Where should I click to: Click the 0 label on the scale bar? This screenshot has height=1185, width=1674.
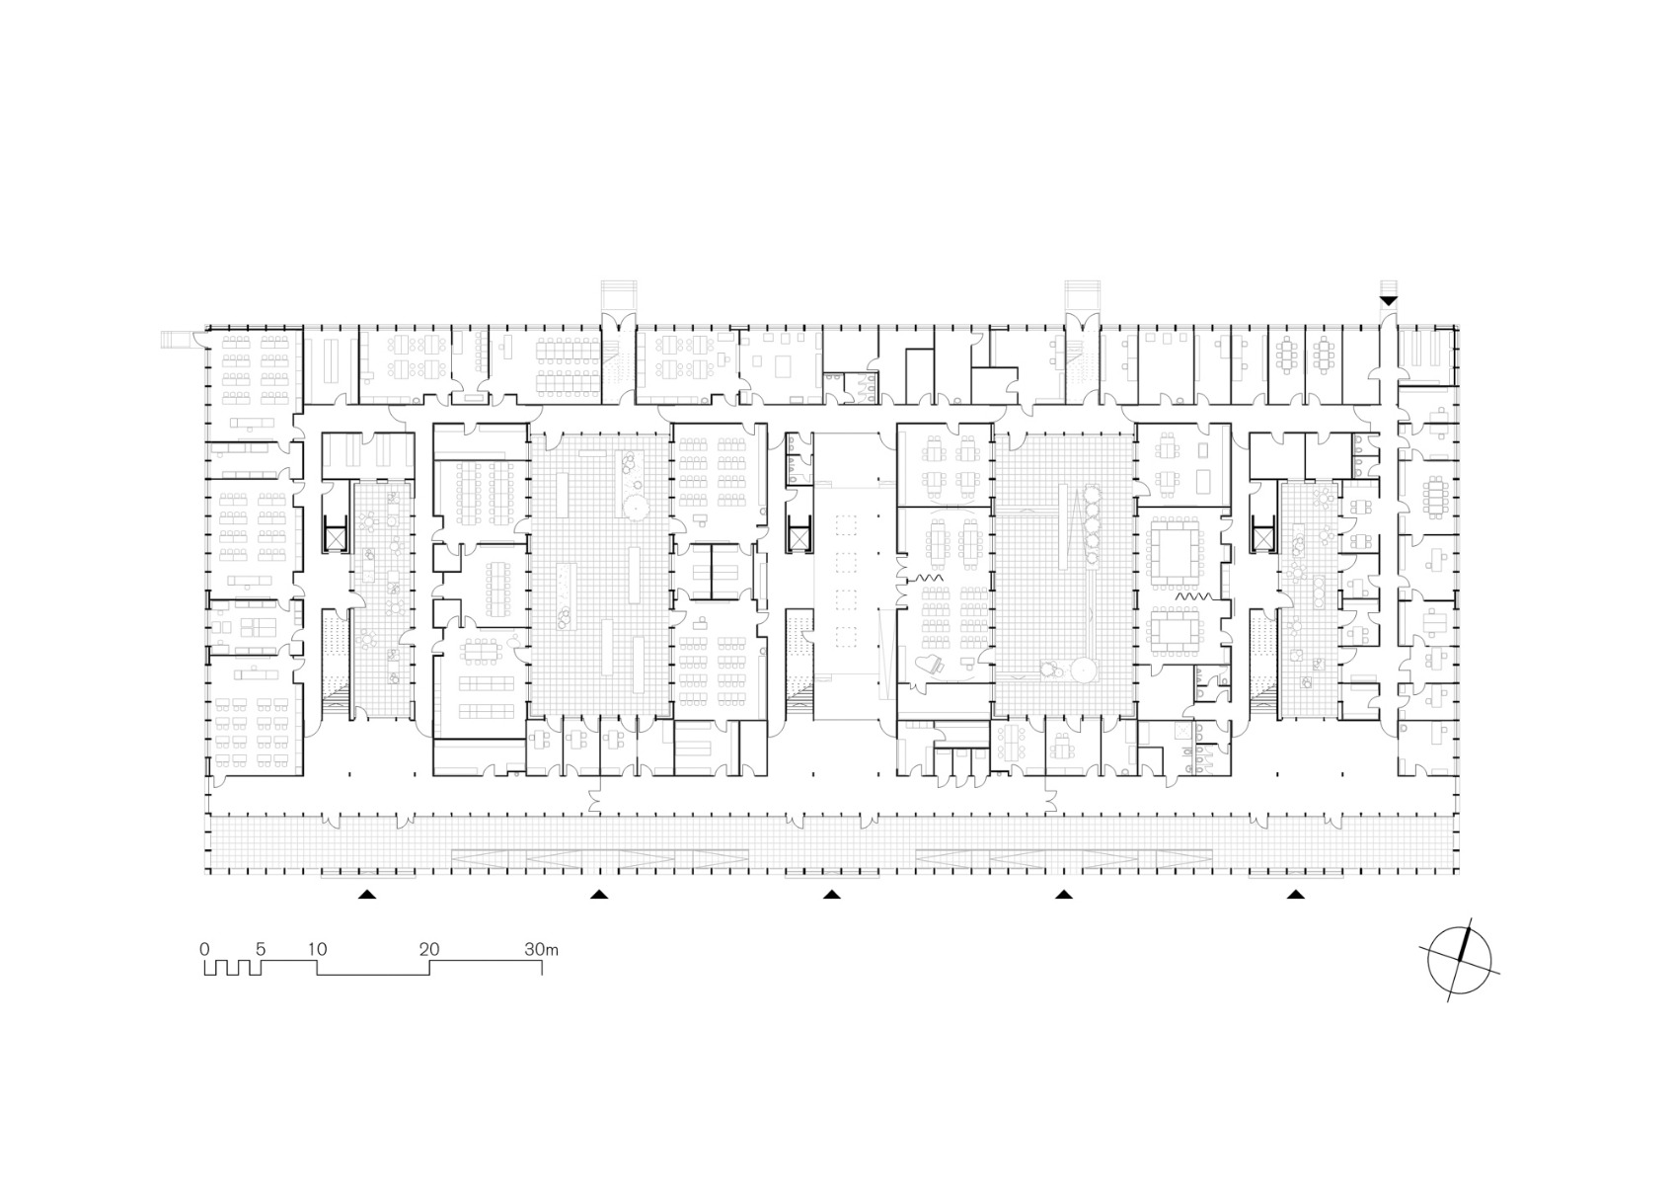(x=204, y=949)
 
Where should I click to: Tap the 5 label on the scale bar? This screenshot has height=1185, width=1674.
(x=261, y=949)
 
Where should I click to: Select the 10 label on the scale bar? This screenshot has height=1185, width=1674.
(x=316, y=949)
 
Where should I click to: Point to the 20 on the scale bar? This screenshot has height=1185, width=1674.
(x=428, y=949)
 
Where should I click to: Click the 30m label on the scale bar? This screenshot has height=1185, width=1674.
(x=541, y=949)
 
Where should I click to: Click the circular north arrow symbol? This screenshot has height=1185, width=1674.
(x=1461, y=958)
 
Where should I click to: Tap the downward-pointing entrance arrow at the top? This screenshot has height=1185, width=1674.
(x=1389, y=299)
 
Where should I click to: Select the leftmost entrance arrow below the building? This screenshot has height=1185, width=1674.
(x=366, y=895)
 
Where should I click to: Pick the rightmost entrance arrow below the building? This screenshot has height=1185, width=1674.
(x=1296, y=895)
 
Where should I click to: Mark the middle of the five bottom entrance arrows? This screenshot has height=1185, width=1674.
(x=832, y=895)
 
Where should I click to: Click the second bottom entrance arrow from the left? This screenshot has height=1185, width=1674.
(x=598, y=895)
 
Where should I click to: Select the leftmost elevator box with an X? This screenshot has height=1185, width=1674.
(x=335, y=537)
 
